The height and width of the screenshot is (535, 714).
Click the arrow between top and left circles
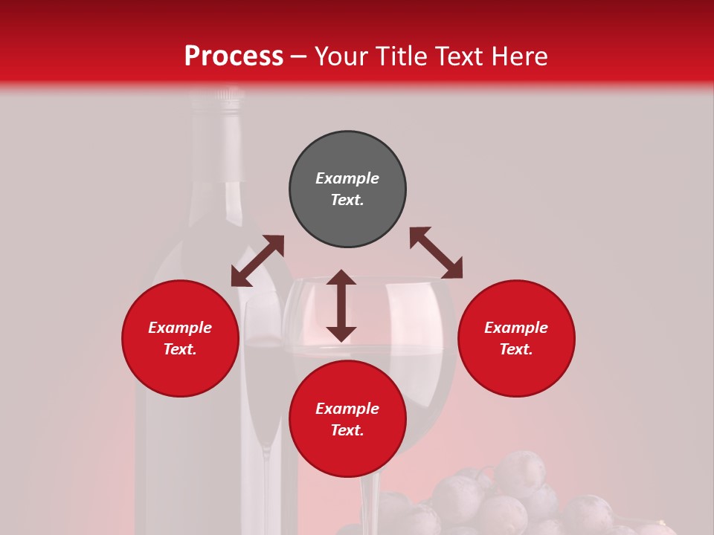257,261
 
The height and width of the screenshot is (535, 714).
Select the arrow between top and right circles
436,253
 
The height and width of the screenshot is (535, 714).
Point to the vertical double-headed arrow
341,306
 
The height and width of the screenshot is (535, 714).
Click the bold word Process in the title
234,56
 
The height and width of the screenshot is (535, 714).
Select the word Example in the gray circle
347,178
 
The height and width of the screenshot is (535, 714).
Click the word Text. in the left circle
180,349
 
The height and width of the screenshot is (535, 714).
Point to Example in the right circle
516,328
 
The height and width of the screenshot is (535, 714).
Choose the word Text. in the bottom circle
347,430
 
